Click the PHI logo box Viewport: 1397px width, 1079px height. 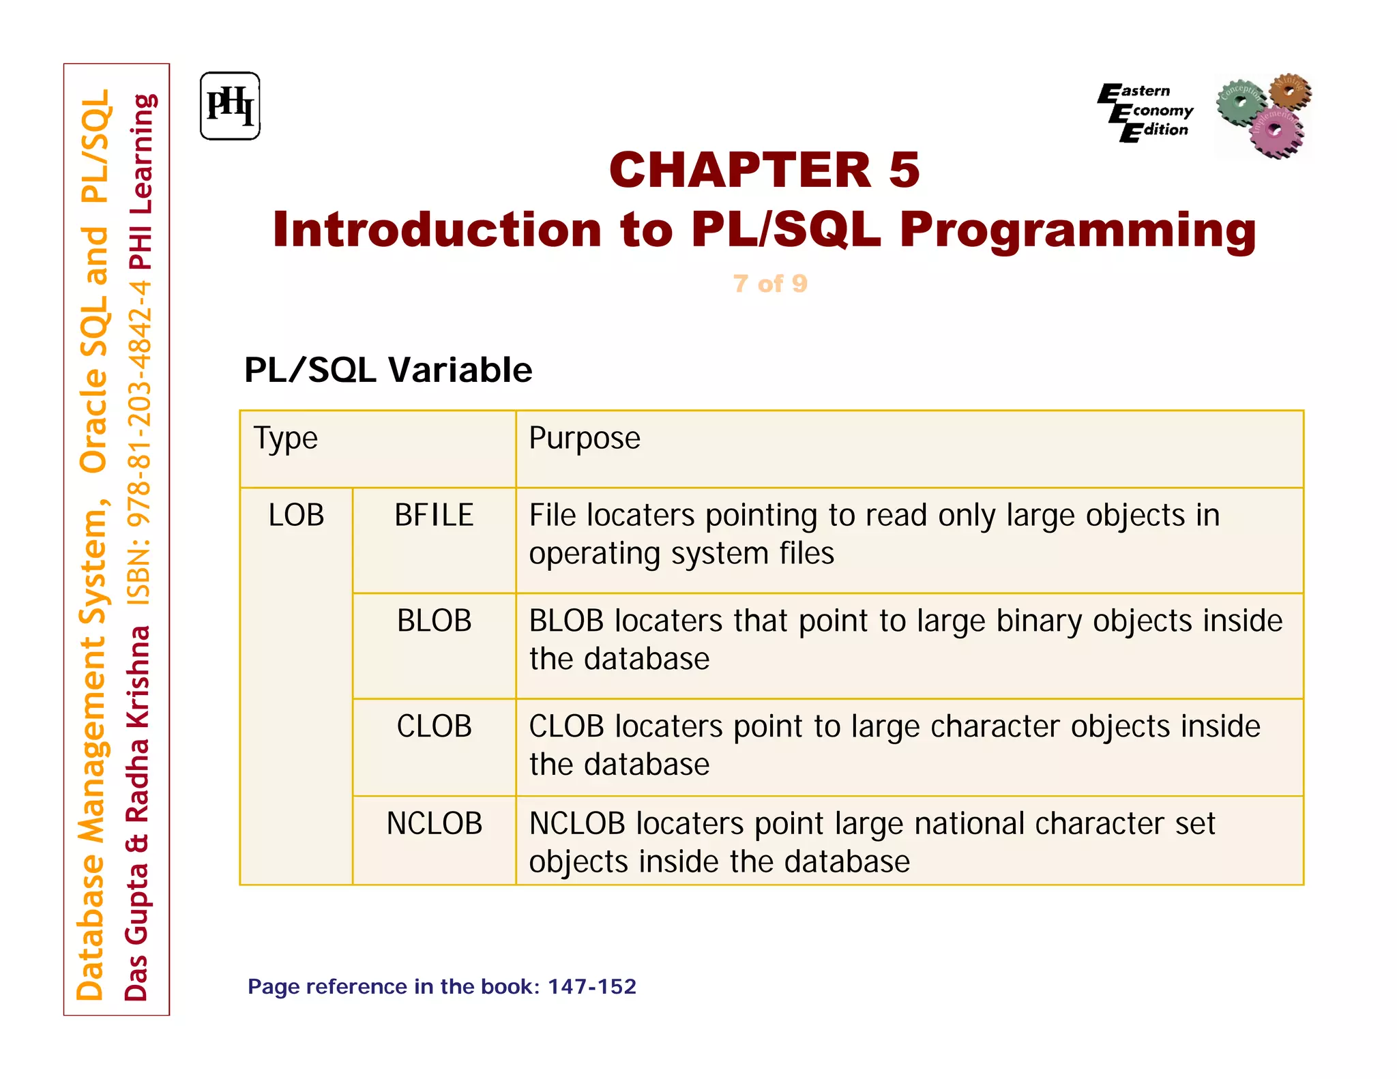coord(230,106)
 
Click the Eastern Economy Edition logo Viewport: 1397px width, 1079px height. coord(1145,111)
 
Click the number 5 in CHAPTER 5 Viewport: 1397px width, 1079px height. coord(904,171)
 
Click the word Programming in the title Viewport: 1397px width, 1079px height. coord(1077,230)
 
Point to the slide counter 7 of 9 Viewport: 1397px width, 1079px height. coord(770,284)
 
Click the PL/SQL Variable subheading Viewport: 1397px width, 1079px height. coord(388,370)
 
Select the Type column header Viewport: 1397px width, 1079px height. coord(286,439)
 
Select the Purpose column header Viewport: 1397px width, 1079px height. coord(585,439)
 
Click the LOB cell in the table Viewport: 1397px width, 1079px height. coord(296,515)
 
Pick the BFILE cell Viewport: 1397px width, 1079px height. coord(434,515)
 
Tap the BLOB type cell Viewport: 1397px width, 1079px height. coord(434,621)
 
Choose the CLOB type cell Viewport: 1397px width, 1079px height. coord(434,726)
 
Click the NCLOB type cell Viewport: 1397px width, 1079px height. coord(434,824)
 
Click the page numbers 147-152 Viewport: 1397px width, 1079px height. coord(591,987)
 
